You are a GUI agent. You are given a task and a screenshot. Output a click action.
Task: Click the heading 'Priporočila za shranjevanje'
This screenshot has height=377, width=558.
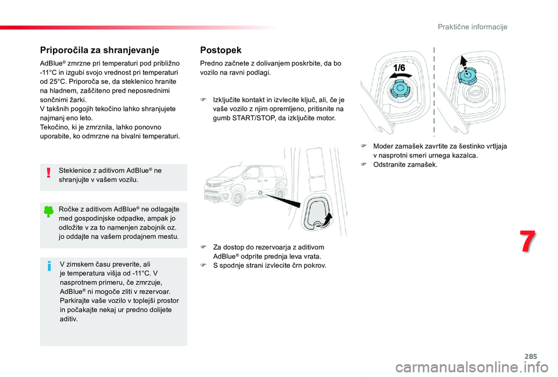99,50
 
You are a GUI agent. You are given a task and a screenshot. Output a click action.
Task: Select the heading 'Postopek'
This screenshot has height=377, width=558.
220,50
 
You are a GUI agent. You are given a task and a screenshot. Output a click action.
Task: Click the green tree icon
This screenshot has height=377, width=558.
49,213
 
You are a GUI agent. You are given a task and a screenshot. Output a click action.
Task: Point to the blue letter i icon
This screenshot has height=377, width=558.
49,267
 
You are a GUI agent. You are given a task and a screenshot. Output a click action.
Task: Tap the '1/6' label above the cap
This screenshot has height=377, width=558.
399,68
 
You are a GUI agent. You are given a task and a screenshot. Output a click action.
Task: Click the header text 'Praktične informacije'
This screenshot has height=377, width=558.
473,27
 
